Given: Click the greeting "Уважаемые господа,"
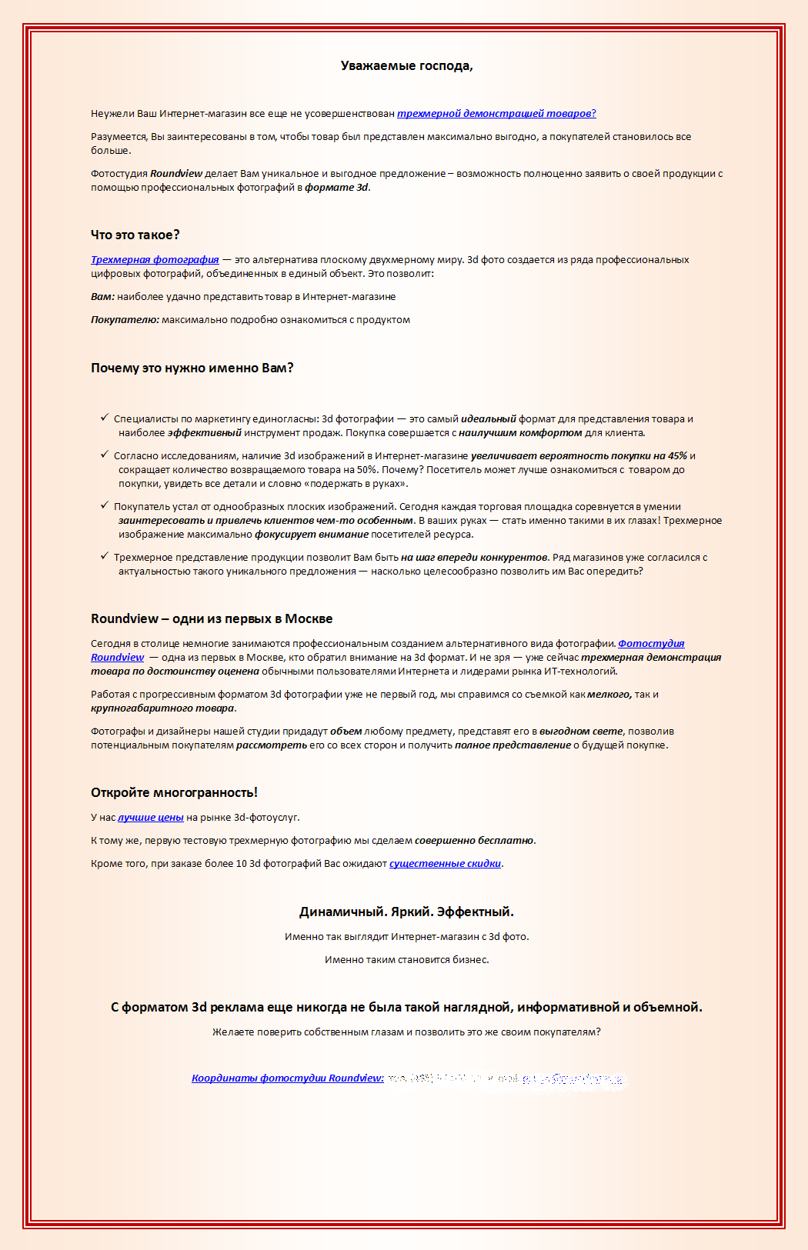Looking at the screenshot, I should (x=406, y=66).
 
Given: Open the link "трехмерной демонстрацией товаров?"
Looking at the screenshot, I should (x=496, y=114).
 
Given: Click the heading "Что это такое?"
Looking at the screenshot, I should (x=135, y=235).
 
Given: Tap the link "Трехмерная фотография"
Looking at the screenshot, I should (x=155, y=260).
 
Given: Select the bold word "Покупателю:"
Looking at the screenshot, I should (x=125, y=320).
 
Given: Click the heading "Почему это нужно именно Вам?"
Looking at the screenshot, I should (x=192, y=368).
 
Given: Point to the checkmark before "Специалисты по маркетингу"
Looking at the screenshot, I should (x=104, y=418).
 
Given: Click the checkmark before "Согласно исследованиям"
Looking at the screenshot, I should (x=104, y=455).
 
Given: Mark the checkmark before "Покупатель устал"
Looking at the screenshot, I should (x=104, y=505).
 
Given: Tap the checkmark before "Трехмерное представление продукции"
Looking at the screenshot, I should (x=104, y=556).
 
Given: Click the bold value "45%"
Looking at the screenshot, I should (x=677, y=456).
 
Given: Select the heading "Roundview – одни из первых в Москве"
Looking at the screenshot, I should (x=212, y=619).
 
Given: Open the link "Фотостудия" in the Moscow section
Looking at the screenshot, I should (x=651, y=644).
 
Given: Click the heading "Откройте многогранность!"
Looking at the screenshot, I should (x=174, y=793).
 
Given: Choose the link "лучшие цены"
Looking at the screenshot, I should (x=151, y=818).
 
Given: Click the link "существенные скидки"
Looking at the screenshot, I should (x=445, y=864).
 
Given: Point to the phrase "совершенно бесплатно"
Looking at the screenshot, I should (x=474, y=841).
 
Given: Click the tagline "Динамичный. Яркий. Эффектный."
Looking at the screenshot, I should (x=406, y=912).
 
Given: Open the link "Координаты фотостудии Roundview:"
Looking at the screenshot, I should (x=288, y=1078).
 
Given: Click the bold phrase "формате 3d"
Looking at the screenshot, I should (x=337, y=188).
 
